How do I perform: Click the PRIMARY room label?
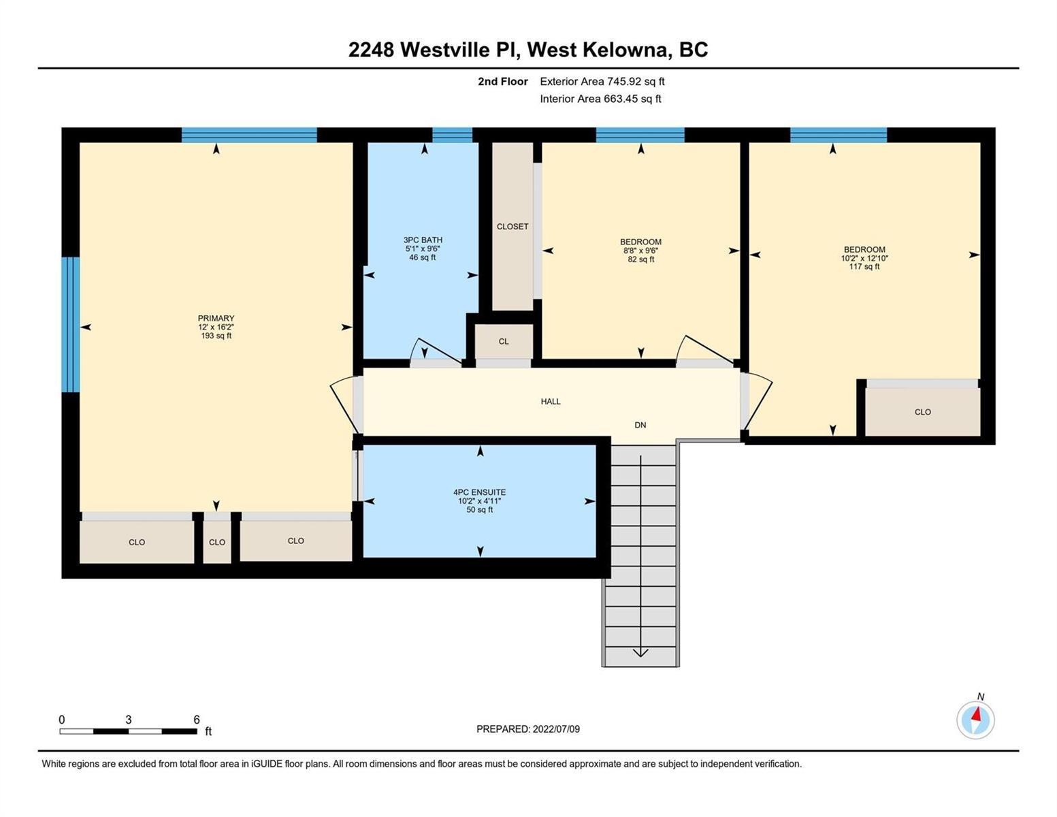[x=216, y=318]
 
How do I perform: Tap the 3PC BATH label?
[x=423, y=240]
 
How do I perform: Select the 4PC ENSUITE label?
[x=480, y=492]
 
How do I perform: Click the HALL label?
[x=551, y=402]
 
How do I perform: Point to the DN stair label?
[x=640, y=425]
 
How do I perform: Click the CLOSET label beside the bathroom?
[x=513, y=227]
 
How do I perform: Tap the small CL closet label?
[x=504, y=342]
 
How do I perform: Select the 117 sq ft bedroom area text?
[x=864, y=267]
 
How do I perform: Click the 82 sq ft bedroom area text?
[x=640, y=259]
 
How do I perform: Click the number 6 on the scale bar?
[x=197, y=720]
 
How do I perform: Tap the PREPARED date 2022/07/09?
[x=556, y=729]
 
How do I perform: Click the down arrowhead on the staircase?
[x=640, y=652]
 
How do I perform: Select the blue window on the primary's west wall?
[x=71, y=325]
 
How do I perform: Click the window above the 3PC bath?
[x=453, y=135]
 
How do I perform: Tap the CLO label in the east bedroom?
[x=923, y=412]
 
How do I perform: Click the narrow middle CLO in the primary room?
[x=217, y=542]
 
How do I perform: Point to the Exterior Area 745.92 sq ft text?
[x=602, y=81]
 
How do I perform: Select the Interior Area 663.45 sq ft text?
[x=601, y=99]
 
